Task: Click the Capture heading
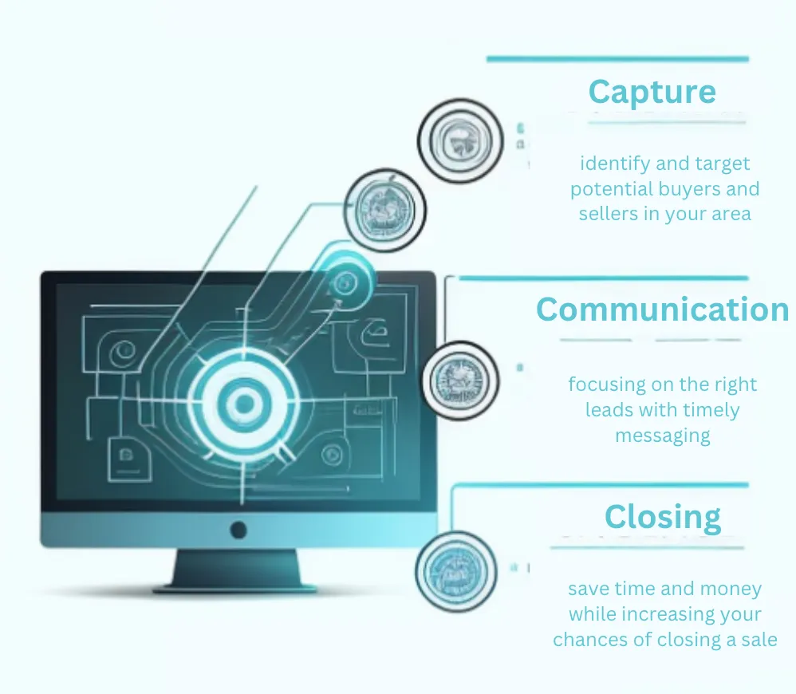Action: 652,92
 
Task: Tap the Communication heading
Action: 663,310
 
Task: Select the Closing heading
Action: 663,518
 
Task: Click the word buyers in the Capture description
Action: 692,189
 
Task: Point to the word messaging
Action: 663,436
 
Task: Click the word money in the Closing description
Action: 731,589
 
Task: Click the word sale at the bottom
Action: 759,640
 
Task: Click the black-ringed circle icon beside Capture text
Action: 460,141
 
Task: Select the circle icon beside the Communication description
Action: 460,381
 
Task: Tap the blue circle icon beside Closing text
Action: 456,572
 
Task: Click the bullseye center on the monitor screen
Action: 244,404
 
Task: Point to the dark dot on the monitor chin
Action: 238,530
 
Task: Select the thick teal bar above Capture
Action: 618,59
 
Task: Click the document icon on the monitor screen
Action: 129,459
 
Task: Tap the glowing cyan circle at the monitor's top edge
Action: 345,281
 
